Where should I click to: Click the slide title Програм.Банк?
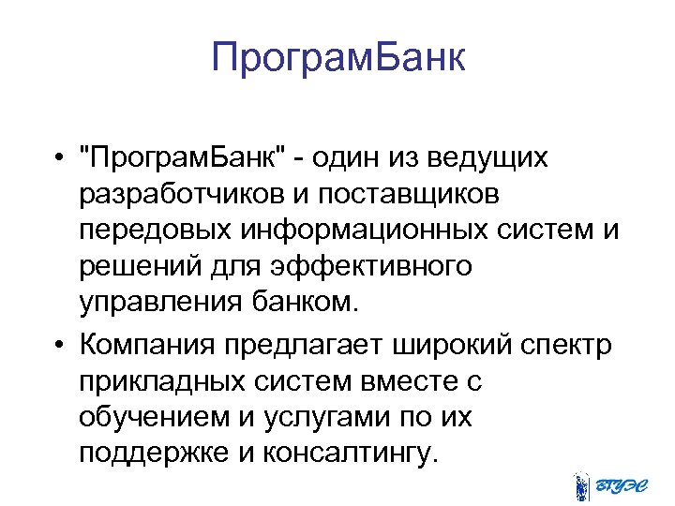(337, 57)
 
